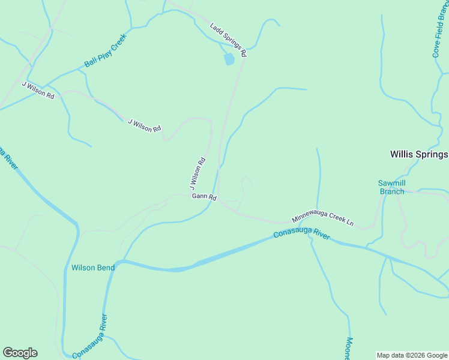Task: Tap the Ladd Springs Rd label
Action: [x=228, y=40]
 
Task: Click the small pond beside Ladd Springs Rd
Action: [x=228, y=59]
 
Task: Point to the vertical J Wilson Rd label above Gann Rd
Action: [x=197, y=174]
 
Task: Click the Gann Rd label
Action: [x=204, y=197]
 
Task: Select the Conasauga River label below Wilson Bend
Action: [x=89, y=337]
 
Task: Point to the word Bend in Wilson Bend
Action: [x=106, y=268]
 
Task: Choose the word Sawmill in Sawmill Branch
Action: [x=393, y=183]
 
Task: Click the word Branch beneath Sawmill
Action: [x=393, y=191]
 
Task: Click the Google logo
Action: [x=20, y=353]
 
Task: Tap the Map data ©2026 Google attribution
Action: [x=412, y=355]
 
